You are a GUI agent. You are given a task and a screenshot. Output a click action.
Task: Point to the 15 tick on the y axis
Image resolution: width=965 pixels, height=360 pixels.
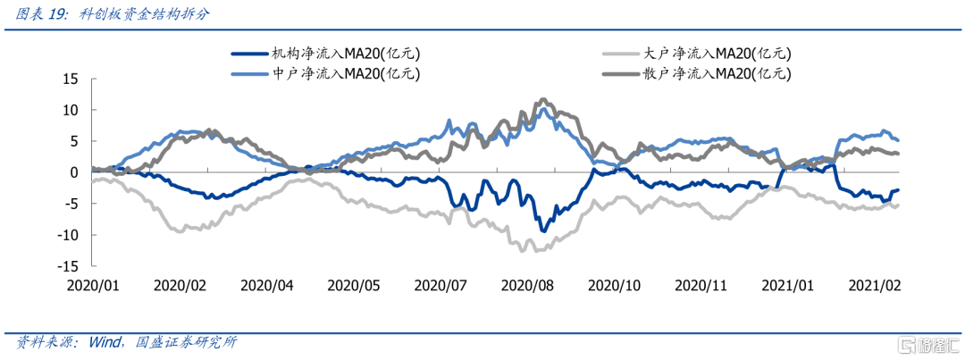pyautogui.click(x=71, y=79)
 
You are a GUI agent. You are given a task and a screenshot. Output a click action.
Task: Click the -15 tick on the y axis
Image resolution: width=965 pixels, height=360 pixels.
pyautogui.click(x=69, y=266)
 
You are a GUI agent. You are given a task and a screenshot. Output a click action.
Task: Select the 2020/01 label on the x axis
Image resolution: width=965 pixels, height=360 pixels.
pyautogui.click(x=93, y=285)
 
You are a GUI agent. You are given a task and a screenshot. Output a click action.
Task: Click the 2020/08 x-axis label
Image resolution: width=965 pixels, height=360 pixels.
pyautogui.click(x=529, y=285)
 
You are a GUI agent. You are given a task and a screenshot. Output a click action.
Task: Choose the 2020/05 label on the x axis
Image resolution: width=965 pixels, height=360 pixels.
pyautogui.click(x=355, y=285)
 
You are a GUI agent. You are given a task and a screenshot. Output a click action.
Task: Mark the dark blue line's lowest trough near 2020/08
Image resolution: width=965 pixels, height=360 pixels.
pyautogui.click(x=541, y=230)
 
